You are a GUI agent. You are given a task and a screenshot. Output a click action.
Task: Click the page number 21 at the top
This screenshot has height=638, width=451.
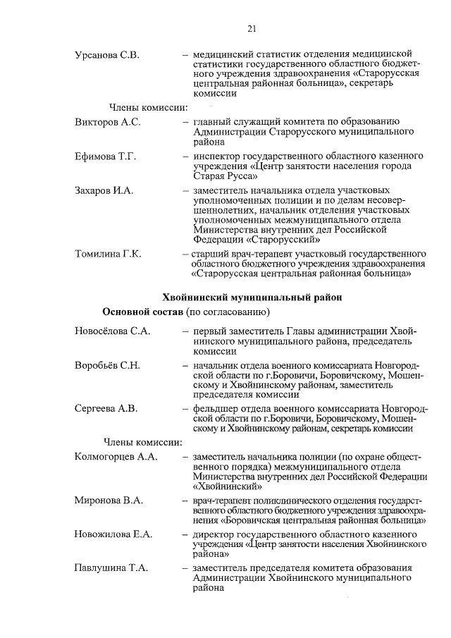(x=252, y=29)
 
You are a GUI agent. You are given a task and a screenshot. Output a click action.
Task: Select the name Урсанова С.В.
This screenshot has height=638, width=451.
(x=108, y=55)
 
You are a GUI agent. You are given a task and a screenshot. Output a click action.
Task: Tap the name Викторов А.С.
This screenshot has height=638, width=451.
(x=108, y=122)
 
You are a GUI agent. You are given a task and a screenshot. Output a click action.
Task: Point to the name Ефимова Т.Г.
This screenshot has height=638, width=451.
(x=106, y=156)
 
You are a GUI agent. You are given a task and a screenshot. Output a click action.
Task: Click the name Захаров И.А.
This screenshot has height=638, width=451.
(x=104, y=190)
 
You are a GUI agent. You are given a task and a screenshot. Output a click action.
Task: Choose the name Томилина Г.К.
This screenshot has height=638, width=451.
(x=108, y=254)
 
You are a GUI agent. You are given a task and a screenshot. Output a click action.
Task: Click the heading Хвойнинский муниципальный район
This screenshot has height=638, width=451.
(x=252, y=297)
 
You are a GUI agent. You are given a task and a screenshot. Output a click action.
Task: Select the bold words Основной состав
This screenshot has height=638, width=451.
(x=143, y=312)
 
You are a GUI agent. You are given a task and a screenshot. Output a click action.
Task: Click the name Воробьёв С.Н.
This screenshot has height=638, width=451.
(x=108, y=365)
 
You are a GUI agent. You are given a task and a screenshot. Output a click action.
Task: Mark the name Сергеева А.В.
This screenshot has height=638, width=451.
(x=106, y=409)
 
